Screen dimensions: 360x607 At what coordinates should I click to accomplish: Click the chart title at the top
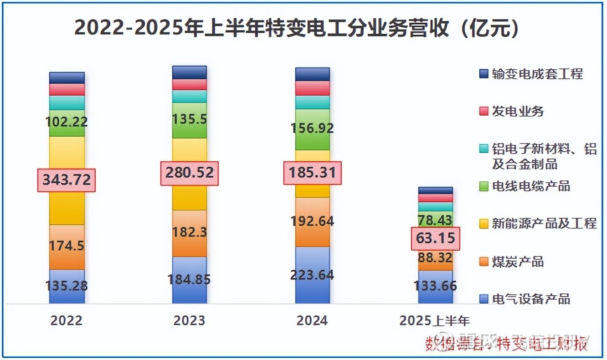[x=297, y=28]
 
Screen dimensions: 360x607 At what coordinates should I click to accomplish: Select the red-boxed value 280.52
[x=190, y=173]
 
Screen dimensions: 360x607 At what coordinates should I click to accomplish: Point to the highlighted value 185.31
[x=313, y=173]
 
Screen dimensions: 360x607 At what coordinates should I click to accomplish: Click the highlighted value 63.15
[x=436, y=238]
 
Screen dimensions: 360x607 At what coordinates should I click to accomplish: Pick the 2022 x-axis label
[x=67, y=320]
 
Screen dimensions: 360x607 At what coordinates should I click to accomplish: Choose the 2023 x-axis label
[x=190, y=320]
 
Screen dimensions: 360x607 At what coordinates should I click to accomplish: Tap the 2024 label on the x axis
[x=312, y=320]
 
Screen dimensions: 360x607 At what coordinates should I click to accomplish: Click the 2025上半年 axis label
[x=435, y=320]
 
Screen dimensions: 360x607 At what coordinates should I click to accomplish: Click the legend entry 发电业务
[x=518, y=111]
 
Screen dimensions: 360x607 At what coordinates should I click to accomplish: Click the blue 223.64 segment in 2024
[x=313, y=275]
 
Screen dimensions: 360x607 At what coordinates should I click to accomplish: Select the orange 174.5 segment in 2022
[x=67, y=247]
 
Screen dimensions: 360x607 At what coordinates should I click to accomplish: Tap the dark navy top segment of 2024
[x=313, y=74]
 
